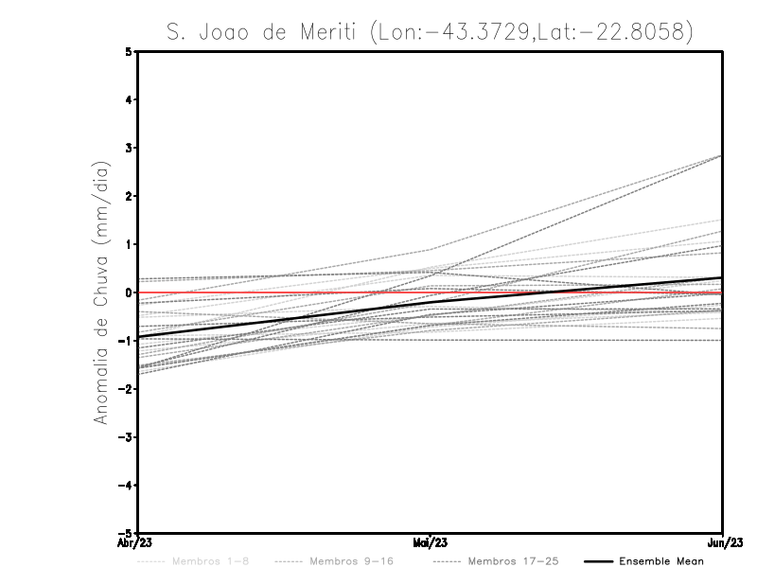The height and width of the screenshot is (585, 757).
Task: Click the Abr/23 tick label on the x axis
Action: click(x=135, y=543)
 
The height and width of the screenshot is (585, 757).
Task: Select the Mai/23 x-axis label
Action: click(x=431, y=543)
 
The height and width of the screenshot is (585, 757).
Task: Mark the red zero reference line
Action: click(x=284, y=292)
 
